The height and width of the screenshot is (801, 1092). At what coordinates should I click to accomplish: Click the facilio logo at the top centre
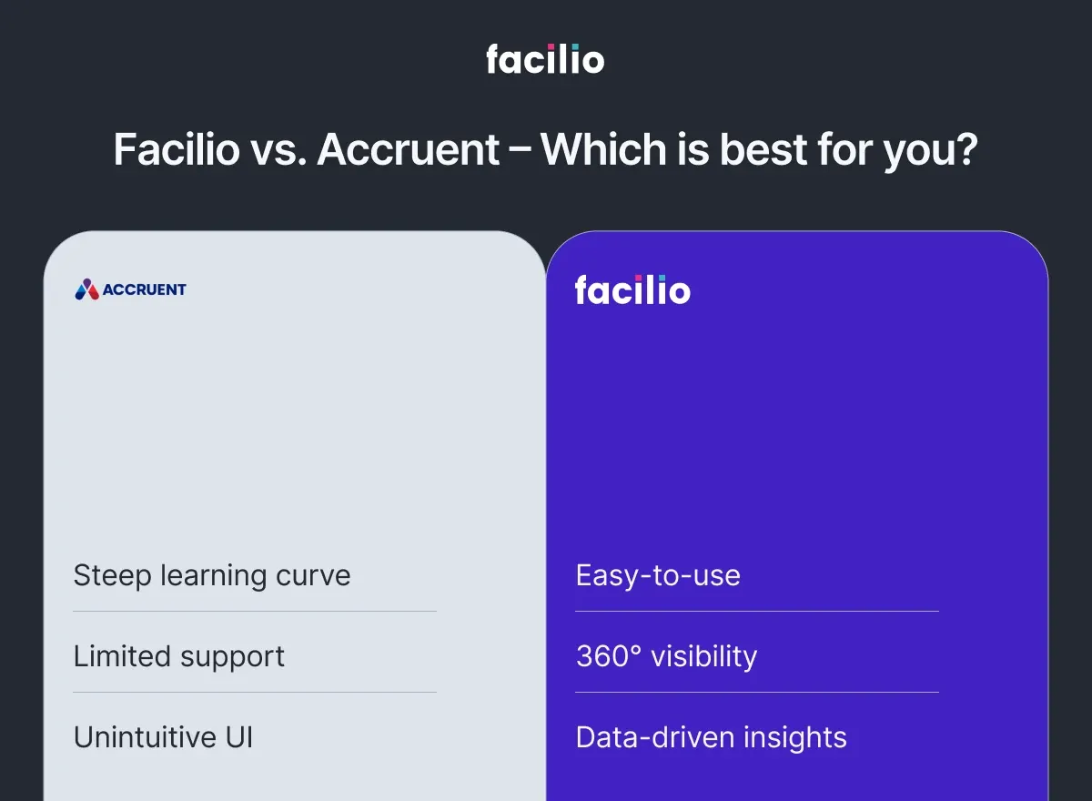545,59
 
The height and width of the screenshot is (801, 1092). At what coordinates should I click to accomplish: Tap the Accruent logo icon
86,289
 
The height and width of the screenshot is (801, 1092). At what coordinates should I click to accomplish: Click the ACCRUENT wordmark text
144,289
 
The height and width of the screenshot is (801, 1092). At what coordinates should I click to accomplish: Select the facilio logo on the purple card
632,290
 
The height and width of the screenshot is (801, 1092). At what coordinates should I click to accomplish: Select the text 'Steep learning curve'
212,575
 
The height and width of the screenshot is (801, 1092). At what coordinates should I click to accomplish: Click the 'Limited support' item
179,656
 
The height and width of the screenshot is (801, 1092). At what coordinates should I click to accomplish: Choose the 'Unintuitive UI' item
163,737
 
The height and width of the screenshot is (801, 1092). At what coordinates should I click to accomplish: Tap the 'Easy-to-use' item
658,575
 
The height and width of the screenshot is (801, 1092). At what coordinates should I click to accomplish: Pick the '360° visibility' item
666,656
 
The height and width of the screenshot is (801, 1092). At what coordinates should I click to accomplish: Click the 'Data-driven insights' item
711,737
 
